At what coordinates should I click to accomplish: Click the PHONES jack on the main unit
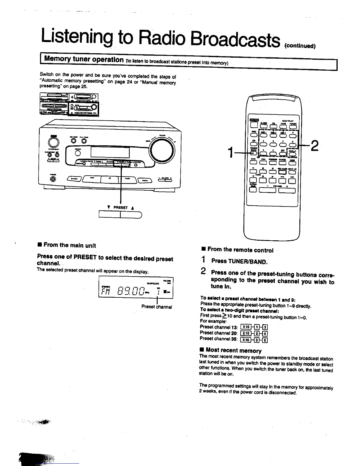(x=53, y=178)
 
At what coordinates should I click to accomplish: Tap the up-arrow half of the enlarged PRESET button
(x=131, y=215)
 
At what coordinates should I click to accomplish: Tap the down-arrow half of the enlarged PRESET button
(x=110, y=215)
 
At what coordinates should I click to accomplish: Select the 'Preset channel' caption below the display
(x=156, y=307)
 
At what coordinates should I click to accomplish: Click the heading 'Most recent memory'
(x=233, y=350)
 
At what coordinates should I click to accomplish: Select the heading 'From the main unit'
(x=70, y=245)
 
